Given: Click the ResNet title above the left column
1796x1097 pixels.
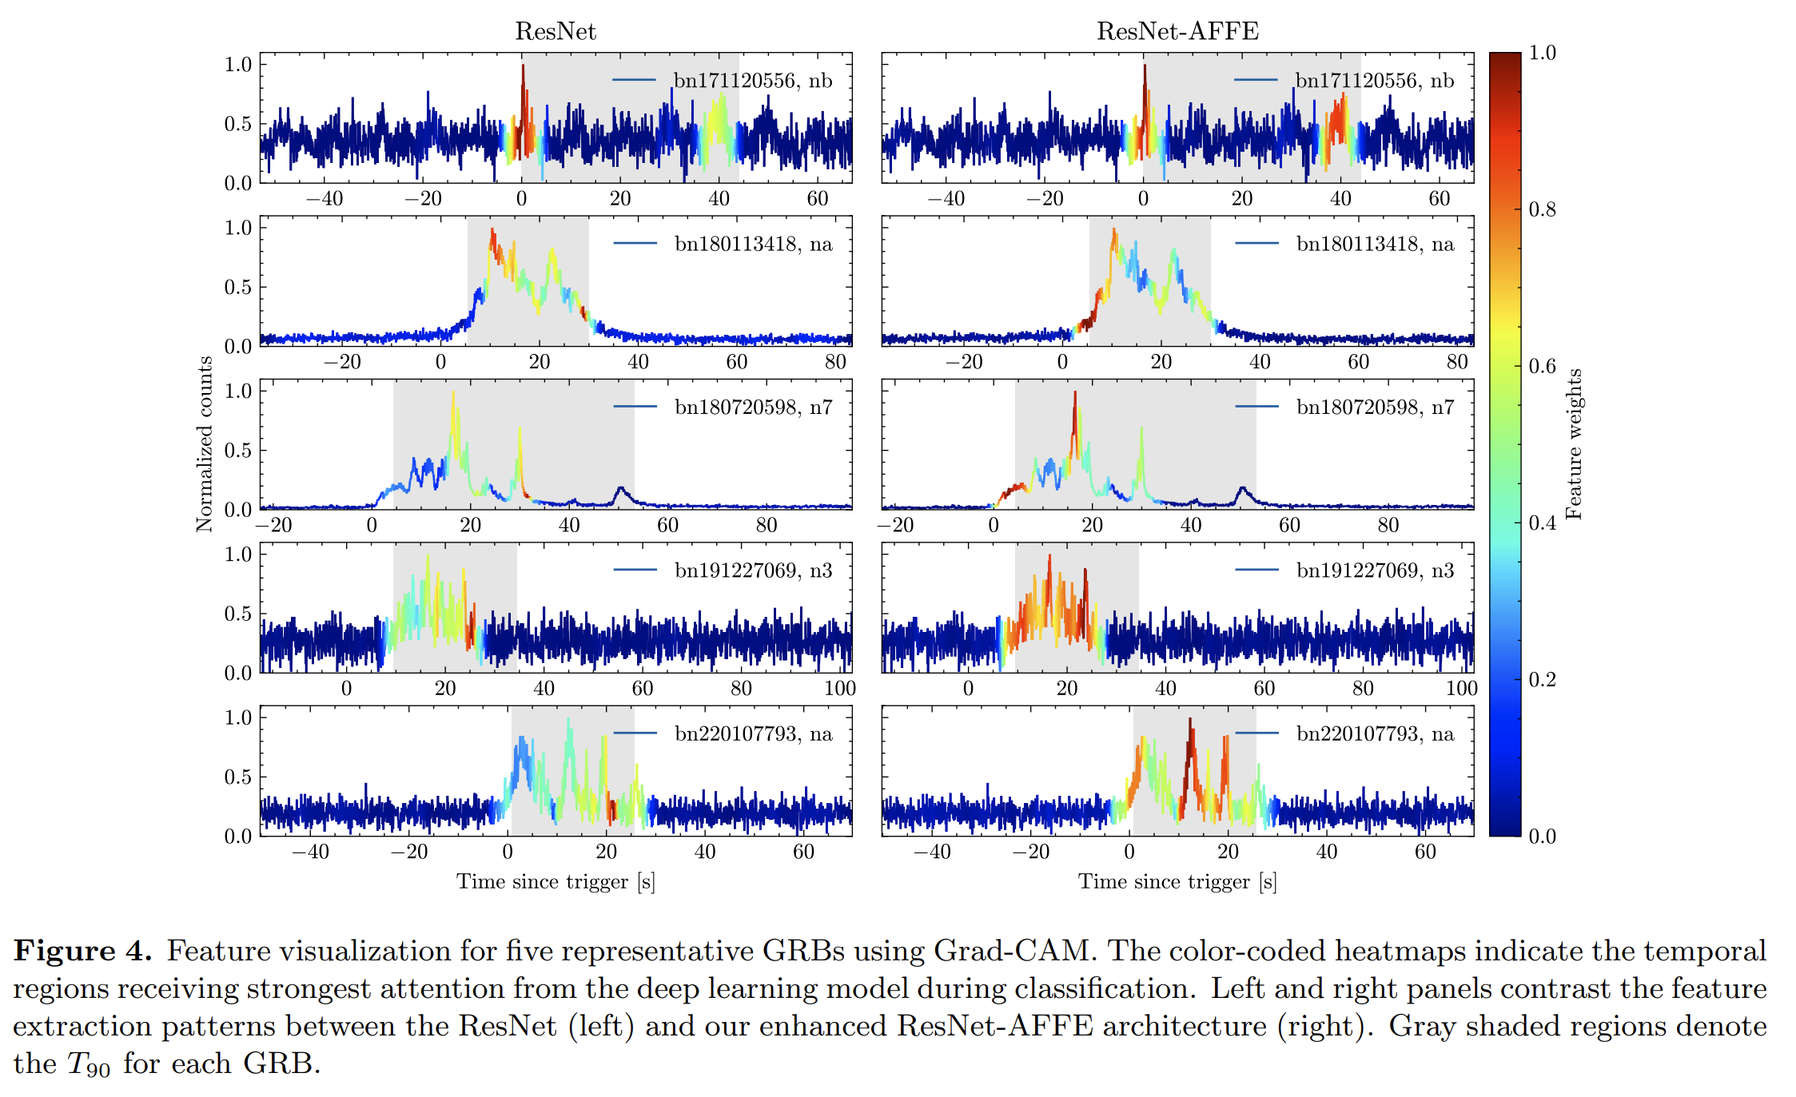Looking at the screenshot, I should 555,31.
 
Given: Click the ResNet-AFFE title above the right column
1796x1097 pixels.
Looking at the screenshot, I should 1177,31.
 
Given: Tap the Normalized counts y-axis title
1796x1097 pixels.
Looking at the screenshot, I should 205,444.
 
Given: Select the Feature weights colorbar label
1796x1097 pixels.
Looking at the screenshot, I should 1574,444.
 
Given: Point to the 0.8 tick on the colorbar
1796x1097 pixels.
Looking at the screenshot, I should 1542,209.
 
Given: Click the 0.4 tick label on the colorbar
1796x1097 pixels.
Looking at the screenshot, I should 1542,523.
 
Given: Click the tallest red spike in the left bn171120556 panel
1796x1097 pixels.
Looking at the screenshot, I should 523,80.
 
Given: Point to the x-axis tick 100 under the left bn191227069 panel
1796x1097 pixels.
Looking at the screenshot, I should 839,688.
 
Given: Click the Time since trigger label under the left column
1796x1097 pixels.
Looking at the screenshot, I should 556,881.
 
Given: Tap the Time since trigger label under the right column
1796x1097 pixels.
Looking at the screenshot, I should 1177,881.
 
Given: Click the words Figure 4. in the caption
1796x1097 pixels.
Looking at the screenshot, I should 82,951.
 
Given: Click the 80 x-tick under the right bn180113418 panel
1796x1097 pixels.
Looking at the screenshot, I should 1456,362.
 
